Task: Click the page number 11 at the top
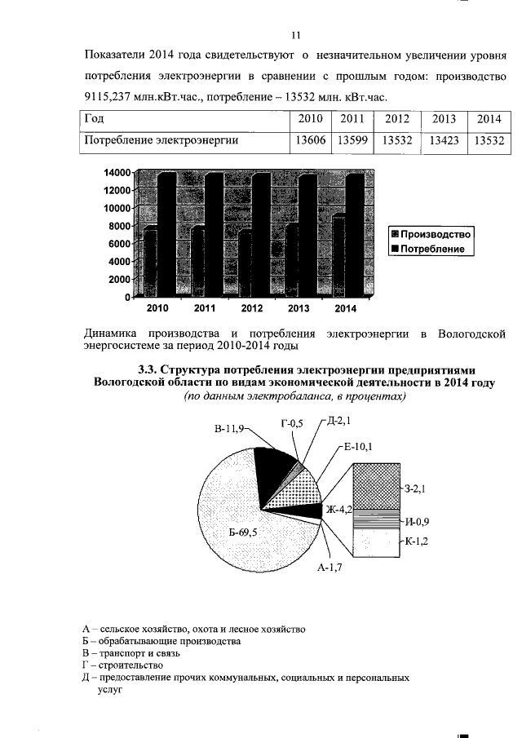pyautogui.click(x=296, y=35)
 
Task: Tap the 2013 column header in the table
pyautogui.click(x=444, y=120)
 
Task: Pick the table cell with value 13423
pyautogui.click(x=444, y=141)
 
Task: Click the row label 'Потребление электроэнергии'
pyautogui.click(x=161, y=141)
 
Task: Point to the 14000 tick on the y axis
pyautogui.click(x=117, y=174)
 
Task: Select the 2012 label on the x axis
pyautogui.click(x=251, y=309)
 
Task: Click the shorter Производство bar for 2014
pyautogui.click(x=338, y=254)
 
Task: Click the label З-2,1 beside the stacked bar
pyautogui.click(x=417, y=489)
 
